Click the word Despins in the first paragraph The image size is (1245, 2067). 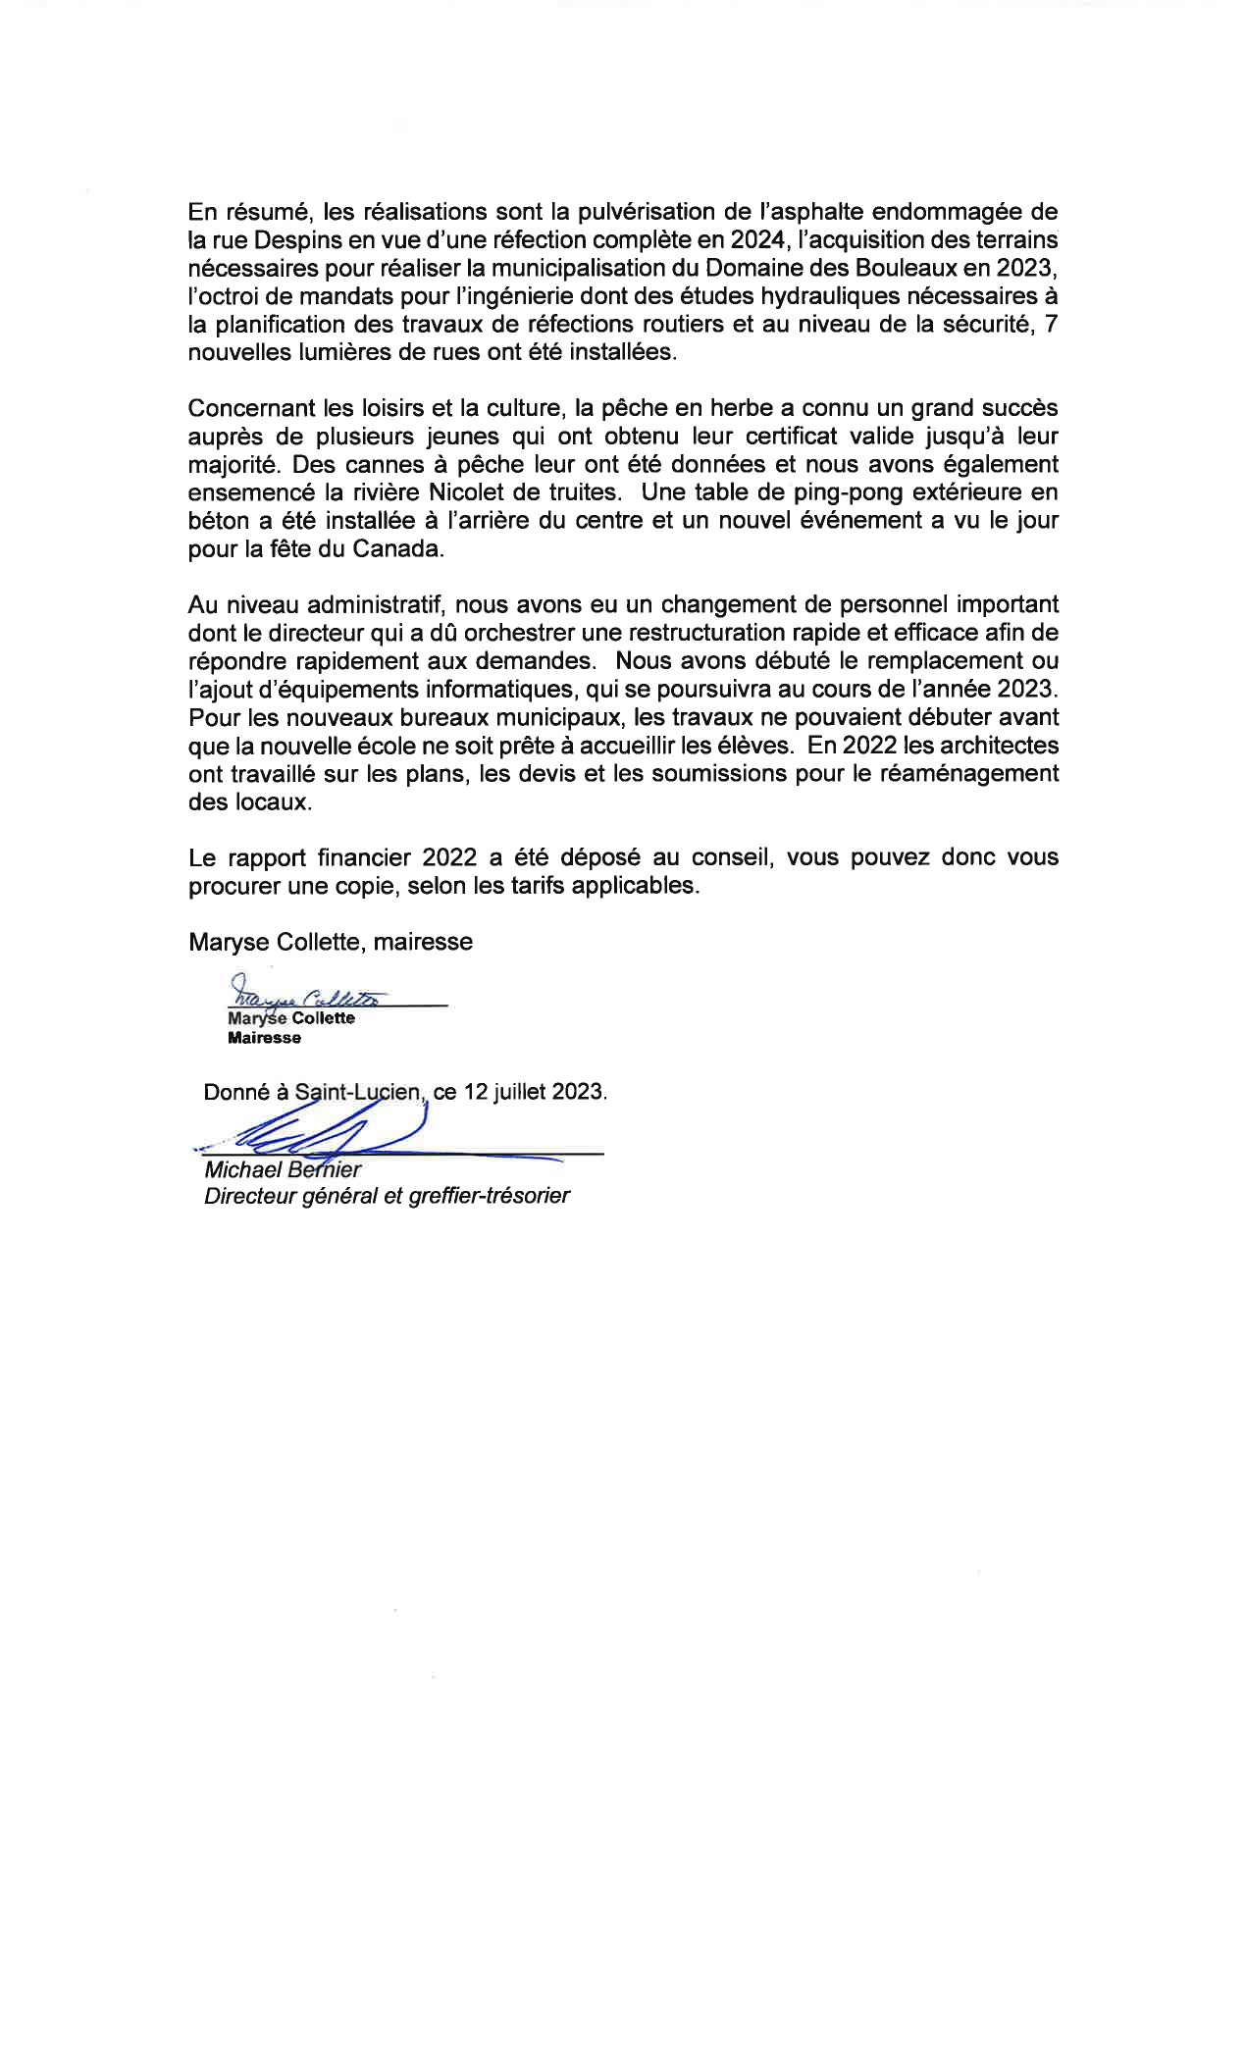[297, 239]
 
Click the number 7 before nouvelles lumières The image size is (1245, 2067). [1051, 325]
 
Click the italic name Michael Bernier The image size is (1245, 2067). [283, 1170]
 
